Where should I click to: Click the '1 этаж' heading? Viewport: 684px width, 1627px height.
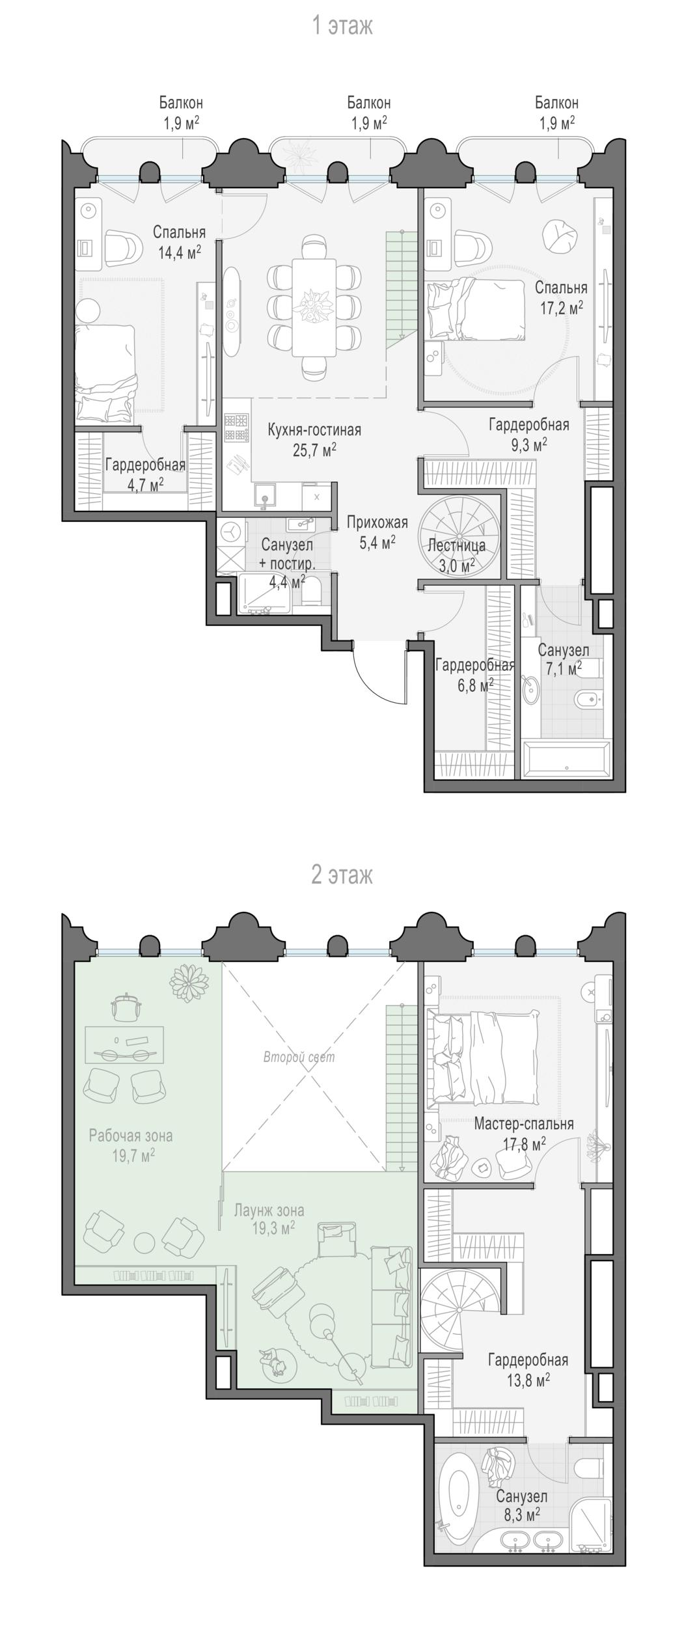coord(342,26)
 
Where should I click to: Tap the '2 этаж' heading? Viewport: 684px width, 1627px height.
coord(342,875)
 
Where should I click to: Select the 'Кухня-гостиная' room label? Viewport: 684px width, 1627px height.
coord(314,430)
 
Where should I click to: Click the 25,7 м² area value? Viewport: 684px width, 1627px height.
coord(314,449)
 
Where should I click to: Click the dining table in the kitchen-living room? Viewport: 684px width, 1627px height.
coord(314,307)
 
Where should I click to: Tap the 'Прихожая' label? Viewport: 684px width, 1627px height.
coord(377,522)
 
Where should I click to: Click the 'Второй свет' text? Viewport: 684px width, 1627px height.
coord(299,1057)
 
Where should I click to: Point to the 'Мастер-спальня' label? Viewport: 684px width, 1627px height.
coord(524,1123)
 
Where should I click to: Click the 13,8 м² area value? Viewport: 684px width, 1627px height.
coord(528,1397)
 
